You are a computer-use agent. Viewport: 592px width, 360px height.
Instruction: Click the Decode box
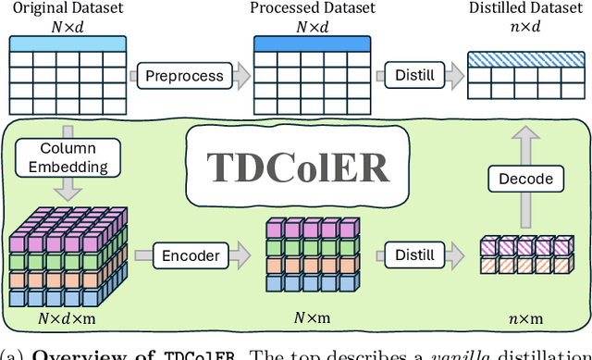526,178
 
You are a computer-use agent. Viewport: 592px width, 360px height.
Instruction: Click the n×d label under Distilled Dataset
525,26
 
